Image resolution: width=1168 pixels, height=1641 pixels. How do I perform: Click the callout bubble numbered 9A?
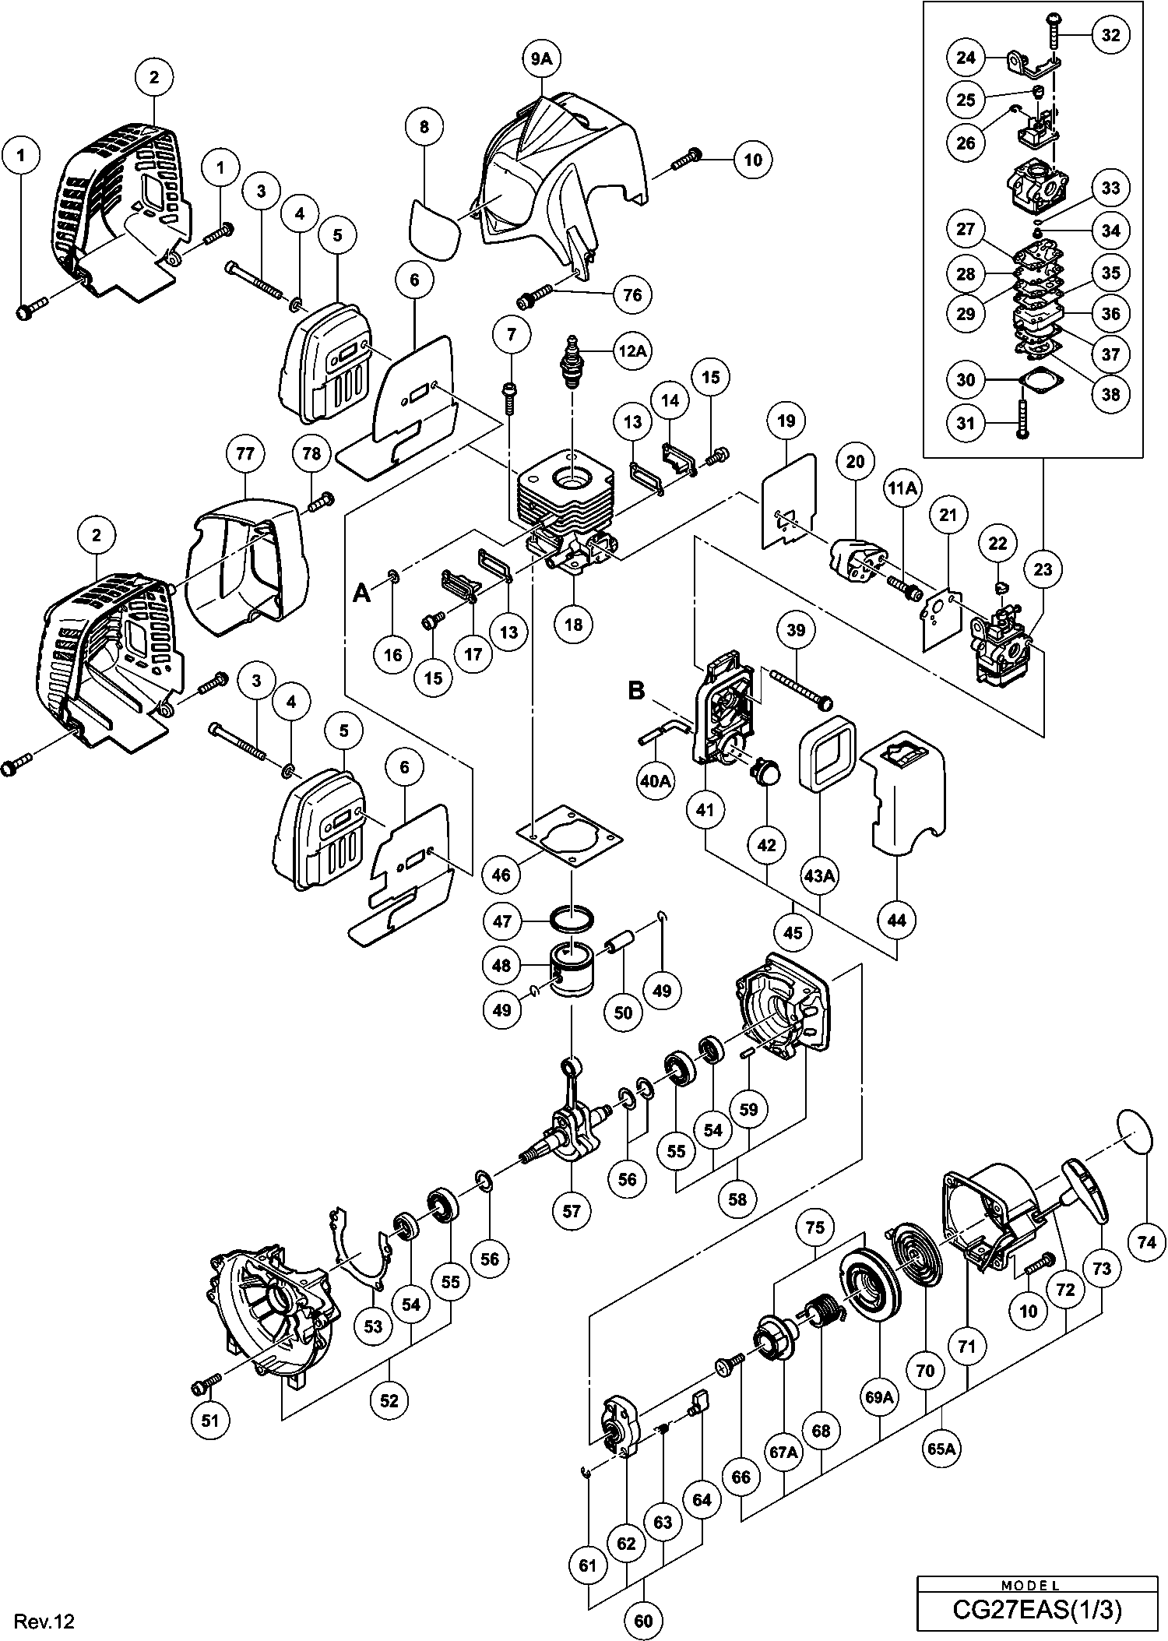(x=543, y=58)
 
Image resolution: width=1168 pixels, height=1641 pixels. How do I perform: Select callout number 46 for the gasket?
(x=501, y=875)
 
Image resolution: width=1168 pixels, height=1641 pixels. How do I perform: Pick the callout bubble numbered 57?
(x=572, y=1210)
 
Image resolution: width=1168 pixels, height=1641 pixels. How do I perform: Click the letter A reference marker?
(x=361, y=593)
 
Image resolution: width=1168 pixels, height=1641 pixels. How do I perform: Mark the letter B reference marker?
(x=636, y=692)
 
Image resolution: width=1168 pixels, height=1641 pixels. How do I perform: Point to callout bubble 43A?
(x=820, y=875)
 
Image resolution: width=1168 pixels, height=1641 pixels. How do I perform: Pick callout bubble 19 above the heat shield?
(x=786, y=421)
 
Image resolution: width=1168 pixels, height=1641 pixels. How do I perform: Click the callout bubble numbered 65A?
(x=941, y=1449)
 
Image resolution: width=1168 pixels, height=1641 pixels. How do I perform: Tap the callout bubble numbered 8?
(x=424, y=126)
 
